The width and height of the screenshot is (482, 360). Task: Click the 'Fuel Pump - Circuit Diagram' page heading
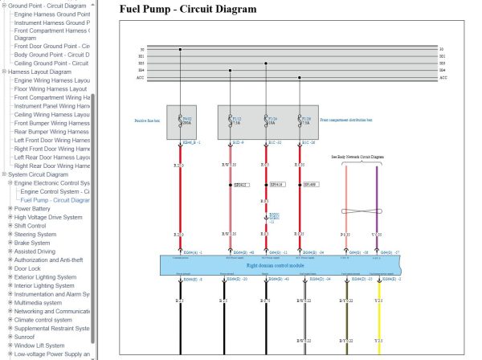coord(188,10)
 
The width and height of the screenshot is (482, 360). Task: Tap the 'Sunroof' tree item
coord(31,337)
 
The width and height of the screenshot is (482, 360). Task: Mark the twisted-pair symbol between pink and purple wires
coord(361,211)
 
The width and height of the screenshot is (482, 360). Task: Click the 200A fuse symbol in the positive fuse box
coord(181,121)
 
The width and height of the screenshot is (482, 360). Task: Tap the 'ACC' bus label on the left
coord(141,78)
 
